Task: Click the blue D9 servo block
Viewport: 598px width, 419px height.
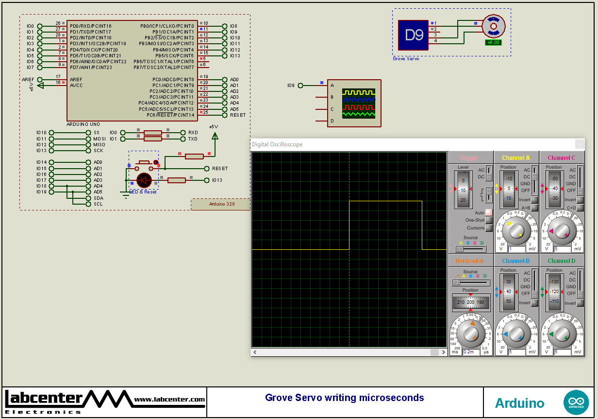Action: (x=413, y=35)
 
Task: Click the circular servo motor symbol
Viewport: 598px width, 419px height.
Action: (x=494, y=26)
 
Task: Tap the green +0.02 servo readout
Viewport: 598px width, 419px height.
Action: (x=493, y=42)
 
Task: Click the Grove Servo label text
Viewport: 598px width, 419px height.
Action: (x=406, y=59)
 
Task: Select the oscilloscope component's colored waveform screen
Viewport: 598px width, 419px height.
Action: (x=359, y=104)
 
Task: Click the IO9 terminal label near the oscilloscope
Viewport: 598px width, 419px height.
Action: (x=291, y=86)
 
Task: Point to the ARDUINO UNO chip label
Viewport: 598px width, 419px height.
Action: (x=83, y=124)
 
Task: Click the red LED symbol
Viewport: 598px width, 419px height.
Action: (x=144, y=180)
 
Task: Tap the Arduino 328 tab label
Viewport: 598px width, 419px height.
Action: (x=221, y=204)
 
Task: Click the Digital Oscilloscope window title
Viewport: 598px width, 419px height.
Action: (x=277, y=144)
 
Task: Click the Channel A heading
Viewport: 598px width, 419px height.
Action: (x=516, y=158)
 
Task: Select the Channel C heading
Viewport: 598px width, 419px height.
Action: (x=562, y=158)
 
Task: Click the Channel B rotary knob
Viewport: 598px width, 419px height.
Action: (x=516, y=334)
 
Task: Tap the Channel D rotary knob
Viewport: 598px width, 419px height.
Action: (x=562, y=334)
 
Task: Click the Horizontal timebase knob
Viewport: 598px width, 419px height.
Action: (x=470, y=333)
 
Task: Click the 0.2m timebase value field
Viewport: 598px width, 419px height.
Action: (x=469, y=352)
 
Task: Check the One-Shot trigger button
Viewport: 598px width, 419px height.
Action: (x=489, y=220)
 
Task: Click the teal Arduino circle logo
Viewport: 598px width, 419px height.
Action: (x=576, y=402)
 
